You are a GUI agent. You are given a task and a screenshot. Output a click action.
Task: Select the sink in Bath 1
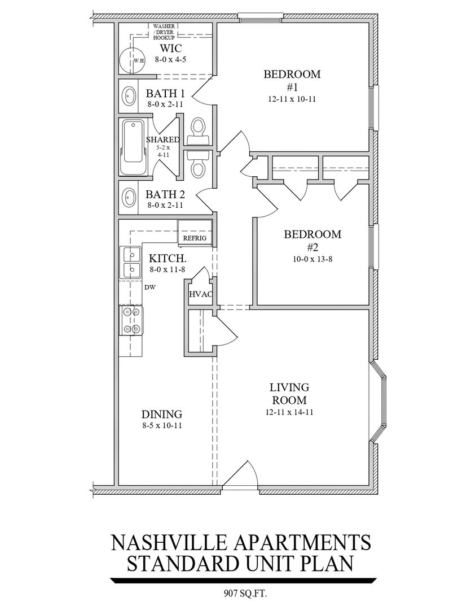click(129, 95)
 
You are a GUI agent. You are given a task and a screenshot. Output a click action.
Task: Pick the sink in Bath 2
click(129, 197)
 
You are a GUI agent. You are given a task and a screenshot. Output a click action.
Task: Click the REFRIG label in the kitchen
click(195, 238)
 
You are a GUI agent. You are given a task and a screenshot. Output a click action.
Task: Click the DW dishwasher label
click(150, 287)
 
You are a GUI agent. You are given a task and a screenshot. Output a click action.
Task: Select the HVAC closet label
click(200, 294)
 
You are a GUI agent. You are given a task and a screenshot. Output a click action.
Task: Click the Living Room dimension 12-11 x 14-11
click(289, 412)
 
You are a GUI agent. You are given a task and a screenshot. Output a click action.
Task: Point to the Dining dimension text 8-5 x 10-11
click(162, 425)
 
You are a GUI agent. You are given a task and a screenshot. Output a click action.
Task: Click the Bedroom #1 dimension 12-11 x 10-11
click(292, 99)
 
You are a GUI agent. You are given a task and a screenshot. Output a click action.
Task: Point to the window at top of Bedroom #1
click(260, 18)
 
